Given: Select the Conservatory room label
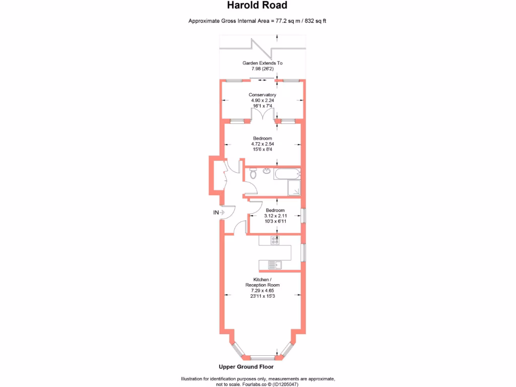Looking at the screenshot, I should coord(263,95).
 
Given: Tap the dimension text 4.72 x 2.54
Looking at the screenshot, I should coord(263,144).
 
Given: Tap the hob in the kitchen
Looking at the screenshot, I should coord(275,240).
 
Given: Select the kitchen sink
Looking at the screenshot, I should coord(275,265).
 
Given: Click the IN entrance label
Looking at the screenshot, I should coord(216,213).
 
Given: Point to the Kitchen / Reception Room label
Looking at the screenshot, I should coord(263,282).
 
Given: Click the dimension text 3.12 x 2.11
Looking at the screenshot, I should coord(275,216).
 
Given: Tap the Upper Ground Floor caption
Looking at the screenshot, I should coord(246,367).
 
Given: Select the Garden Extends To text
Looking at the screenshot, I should coord(263,63).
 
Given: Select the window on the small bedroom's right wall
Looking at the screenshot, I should coord(303,215).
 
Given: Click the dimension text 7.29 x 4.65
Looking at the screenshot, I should coord(263,291).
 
